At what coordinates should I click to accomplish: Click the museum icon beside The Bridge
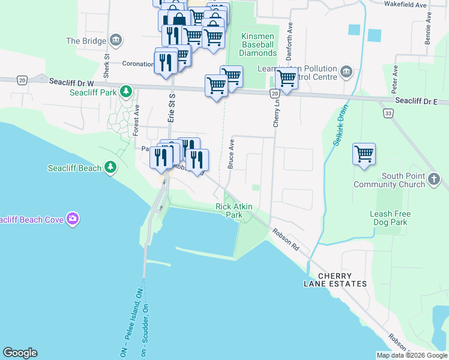pos(116,41)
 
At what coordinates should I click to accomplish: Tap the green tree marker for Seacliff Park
pos(125,92)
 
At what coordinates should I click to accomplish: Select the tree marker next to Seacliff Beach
pos(110,167)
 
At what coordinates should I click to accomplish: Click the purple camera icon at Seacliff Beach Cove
pos(73,220)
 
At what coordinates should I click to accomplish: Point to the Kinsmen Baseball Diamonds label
pos(258,45)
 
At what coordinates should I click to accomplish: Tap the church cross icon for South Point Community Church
pos(434,179)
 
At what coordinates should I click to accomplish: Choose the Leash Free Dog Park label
pos(390,218)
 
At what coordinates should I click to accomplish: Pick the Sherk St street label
pos(106,67)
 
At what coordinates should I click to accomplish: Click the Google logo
pos(20,353)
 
